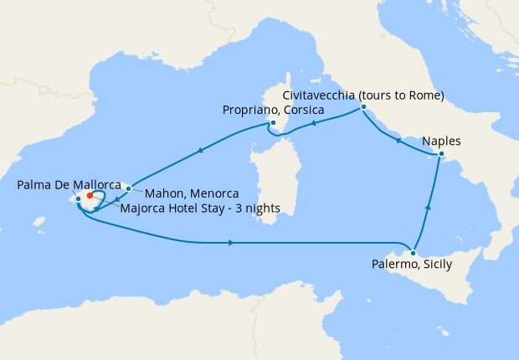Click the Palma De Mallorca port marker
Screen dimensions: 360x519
click(x=78, y=198)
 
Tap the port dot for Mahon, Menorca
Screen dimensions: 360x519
click(x=128, y=188)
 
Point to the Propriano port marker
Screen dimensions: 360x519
click(x=273, y=123)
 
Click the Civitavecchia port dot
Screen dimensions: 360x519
click(x=363, y=107)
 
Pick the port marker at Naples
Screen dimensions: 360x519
click(x=441, y=155)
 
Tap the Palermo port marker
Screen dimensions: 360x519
click(x=414, y=252)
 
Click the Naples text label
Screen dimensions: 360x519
click(x=441, y=141)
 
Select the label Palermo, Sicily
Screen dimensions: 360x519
click(x=411, y=265)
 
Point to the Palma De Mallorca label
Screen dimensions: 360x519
click(x=69, y=186)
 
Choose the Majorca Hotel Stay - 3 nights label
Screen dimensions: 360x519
click(x=200, y=208)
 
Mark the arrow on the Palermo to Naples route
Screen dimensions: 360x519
click(x=429, y=207)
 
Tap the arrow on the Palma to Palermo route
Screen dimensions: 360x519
click(x=230, y=243)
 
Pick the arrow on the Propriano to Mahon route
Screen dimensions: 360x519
click(x=200, y=152)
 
